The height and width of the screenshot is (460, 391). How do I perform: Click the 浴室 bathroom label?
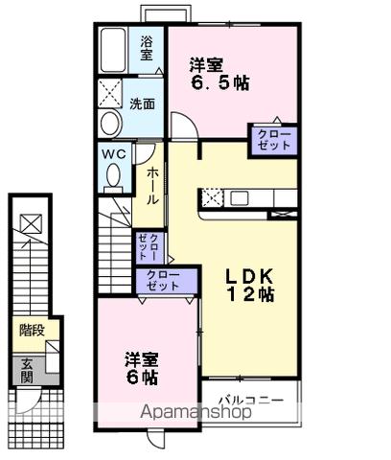tap(147, 48)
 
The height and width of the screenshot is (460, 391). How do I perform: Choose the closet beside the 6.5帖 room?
tap(273, 141)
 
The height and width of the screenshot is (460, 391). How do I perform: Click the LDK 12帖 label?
tap(249, 285)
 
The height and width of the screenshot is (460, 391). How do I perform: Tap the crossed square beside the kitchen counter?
tap(211, 197)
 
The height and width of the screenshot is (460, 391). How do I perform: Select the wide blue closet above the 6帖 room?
tap(168, 280)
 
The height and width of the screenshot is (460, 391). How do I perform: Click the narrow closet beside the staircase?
tap(149, 246)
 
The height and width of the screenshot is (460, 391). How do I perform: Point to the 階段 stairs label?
tap(32, 331)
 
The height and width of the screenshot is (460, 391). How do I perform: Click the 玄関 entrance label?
tap(28, 371)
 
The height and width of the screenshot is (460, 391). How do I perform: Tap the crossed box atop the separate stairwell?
tap(32, 223)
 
